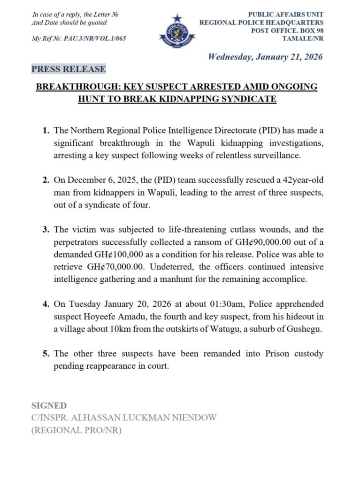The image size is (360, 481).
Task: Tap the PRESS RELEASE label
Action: (x=69, y=69)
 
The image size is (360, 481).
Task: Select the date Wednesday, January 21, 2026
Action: (x=266, y=57)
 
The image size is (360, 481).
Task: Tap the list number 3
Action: (x=45, y=230)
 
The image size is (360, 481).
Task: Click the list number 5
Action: (x=45, y=354)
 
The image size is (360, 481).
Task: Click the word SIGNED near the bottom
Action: (x=49, y=405)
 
